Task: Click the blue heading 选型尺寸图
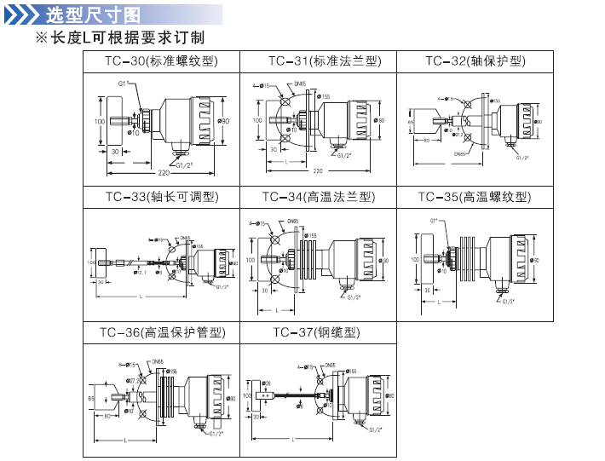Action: point(93,14)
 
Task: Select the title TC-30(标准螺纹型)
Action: point(162,61)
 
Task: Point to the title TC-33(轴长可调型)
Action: point(162,198)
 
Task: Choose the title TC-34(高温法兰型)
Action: point(319,198)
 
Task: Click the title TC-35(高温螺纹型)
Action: point(474,198)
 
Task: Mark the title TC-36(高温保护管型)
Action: point(162,332)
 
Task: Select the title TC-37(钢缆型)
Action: point(317,332)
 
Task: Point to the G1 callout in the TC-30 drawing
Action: point(123,84)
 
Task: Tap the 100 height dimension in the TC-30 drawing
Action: point(100,122)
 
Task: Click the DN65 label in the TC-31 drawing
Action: point(299,84)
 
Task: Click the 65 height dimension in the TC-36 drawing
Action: point(91,398)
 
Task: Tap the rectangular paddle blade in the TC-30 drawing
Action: point(113,122)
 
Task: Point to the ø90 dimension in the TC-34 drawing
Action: point(385,261)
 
